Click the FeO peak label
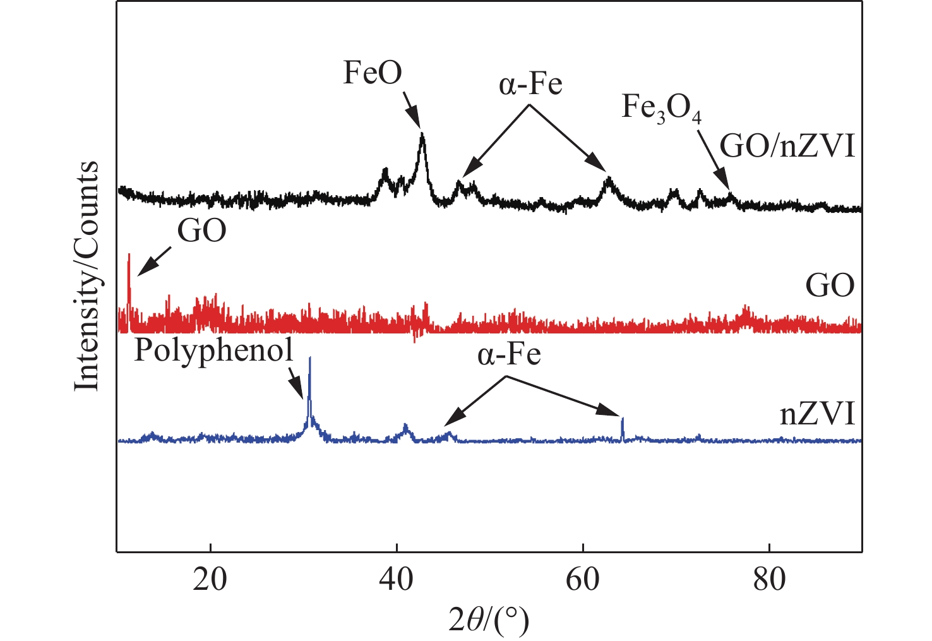373,73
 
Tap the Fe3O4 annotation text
661,107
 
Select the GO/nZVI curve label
787,147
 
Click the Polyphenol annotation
214,350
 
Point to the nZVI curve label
818,415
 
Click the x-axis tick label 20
210,578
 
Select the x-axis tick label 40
396,578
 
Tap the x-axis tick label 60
582,578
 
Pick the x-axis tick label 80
769,578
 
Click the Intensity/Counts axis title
87,276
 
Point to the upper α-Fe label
530,83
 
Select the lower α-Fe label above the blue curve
509,354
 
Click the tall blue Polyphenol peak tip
309,359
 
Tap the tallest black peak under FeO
422,135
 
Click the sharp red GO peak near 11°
129,255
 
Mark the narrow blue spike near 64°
623,419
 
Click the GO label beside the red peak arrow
201,232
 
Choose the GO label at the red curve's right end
830,286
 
